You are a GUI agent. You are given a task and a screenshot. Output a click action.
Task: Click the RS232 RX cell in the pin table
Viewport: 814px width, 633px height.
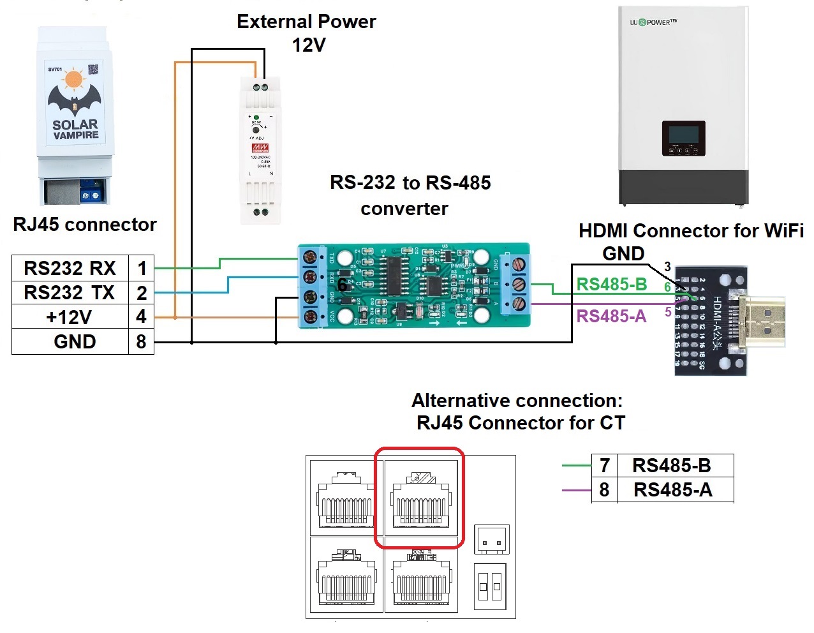70,268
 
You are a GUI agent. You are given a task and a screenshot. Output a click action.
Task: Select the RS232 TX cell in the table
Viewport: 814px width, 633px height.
70,293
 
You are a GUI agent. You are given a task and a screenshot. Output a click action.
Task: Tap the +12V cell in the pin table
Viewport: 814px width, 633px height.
70,317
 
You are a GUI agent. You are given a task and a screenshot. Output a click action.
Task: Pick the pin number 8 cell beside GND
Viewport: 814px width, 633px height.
141,341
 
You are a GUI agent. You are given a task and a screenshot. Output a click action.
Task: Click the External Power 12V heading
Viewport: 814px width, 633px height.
306,33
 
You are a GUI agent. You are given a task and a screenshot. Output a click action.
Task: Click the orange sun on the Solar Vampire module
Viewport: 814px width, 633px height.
74,78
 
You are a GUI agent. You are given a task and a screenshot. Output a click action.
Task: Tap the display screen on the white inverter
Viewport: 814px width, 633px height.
683,135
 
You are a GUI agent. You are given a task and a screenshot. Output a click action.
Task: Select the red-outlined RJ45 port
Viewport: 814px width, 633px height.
419,498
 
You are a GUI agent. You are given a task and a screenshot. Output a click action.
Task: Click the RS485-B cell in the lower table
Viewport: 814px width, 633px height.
672,466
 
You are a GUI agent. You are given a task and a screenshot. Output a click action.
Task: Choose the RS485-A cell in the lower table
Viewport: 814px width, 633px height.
672,490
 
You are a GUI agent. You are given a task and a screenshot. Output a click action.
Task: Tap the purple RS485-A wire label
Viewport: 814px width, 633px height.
611,316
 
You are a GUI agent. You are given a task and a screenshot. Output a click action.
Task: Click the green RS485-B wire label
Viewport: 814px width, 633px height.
612,285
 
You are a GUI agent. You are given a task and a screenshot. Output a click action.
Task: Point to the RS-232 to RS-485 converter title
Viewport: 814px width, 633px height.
410,195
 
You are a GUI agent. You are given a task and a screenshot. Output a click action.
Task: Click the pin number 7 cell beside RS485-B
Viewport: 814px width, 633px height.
604,466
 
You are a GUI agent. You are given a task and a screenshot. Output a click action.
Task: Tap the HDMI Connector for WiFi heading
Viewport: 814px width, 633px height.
690,231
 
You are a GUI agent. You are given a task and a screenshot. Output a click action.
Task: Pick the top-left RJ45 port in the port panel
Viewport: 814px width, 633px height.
345,498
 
